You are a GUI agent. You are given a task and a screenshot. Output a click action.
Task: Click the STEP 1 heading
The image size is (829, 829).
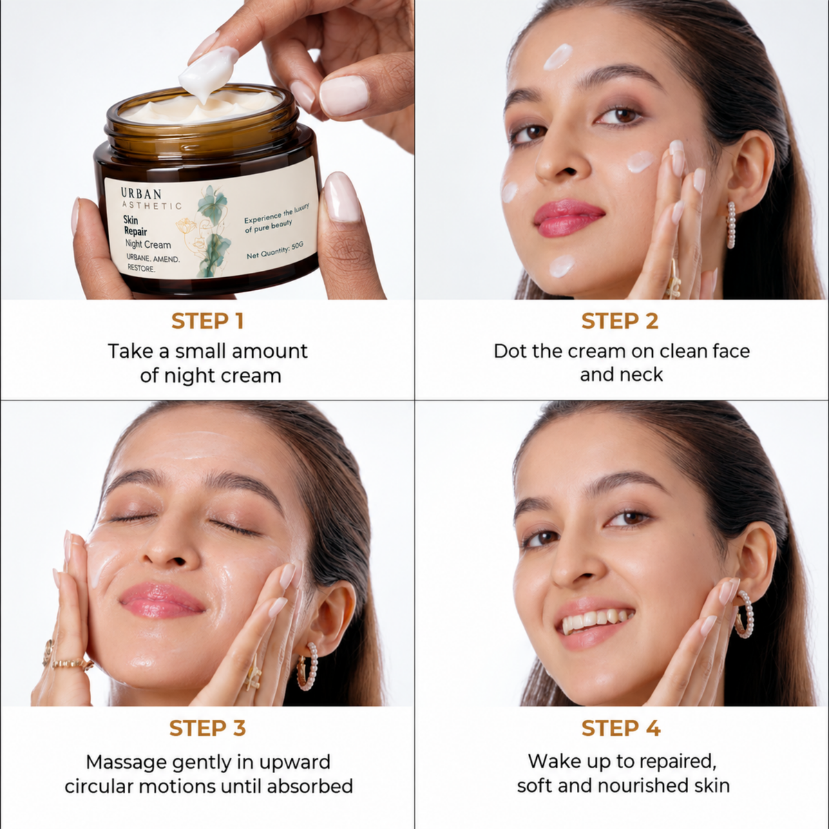click(x=207, y=321)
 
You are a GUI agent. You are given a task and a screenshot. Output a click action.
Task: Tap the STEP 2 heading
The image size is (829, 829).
click(x=620, y=321)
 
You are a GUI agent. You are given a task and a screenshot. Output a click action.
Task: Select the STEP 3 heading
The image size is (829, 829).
click(x=207, y=728)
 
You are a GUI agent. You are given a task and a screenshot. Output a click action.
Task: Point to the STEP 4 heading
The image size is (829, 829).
click(x=621, y=728)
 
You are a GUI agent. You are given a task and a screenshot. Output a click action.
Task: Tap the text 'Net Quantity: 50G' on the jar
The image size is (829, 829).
click(x=275, y=250)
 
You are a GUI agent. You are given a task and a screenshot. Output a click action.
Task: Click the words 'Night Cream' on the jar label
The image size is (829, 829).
click(x=148, y=245)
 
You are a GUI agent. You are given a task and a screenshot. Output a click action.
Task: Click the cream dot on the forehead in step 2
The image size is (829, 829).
click(x=558, y=57)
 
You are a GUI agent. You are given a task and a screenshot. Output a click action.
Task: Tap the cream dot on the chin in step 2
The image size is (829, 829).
click(x=562, y=266)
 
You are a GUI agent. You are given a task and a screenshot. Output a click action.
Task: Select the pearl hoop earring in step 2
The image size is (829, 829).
click(x=731, y=225)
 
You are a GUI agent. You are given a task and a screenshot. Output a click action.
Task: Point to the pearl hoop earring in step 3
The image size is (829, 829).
click(x=307, y=667)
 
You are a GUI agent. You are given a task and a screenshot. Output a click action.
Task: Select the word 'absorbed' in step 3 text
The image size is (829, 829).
click(x=309, y=786)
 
